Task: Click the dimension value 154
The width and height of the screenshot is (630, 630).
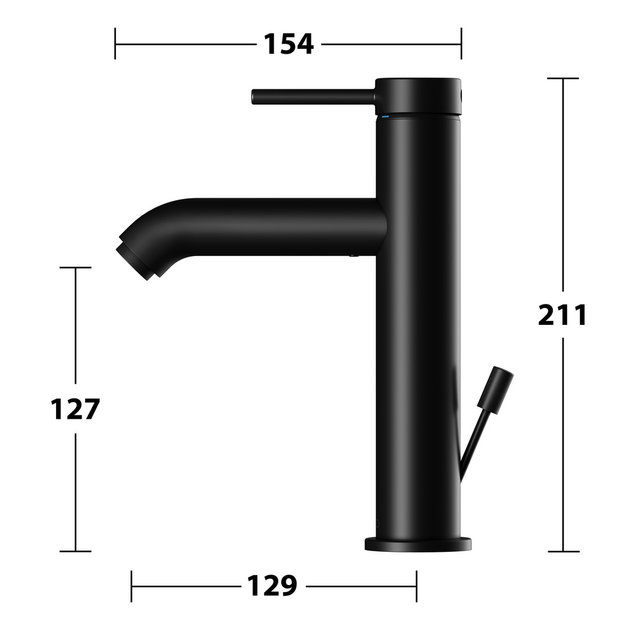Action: click(x=289, y=44)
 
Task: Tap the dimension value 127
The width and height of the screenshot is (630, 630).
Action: click(x=75, y=408)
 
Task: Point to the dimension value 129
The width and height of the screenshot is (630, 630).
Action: click(x=272, y=586)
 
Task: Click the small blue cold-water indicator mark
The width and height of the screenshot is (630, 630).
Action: click(x=385, y=117)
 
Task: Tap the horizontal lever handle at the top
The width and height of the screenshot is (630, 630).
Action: click(x=314, y=97)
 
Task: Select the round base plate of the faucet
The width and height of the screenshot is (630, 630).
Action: click(x=418, y=544)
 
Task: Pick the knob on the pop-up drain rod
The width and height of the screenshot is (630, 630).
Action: click(x=495, y=390)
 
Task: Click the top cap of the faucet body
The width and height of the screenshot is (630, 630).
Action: click(x=419, y=96)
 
